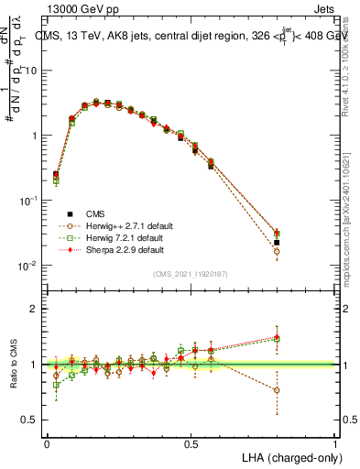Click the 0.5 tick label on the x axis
tap(191, 443)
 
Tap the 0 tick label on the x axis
tap(47, 443)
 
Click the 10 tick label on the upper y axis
tap(31, 71)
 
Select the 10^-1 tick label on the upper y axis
tap(29, 201)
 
